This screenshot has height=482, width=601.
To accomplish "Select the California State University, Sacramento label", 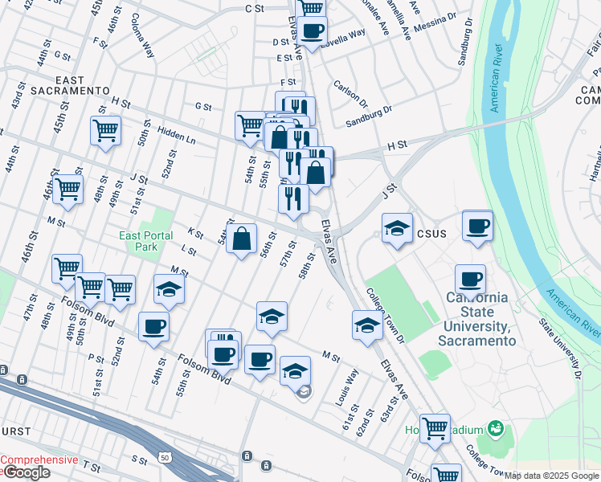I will pyautogui.click(x=477, y=319).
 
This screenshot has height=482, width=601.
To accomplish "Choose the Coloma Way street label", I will pyautogui.click(x=142, y=35).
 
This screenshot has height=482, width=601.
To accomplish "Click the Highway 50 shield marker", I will pyautogui.click(x=164, y=457).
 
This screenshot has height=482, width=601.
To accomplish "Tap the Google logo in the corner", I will pyautogui.click(x=26, y=472).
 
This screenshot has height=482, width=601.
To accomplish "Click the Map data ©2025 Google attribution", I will pyautogui.click(x=552, y=476).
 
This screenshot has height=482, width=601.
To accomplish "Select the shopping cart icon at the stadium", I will pyautogui.click(x=435, y=427).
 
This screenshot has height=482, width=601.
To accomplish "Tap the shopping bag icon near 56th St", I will pyautogui.click(x=242, y=239).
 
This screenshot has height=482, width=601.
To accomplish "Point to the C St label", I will pyautogui.click(x=255, y=8).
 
